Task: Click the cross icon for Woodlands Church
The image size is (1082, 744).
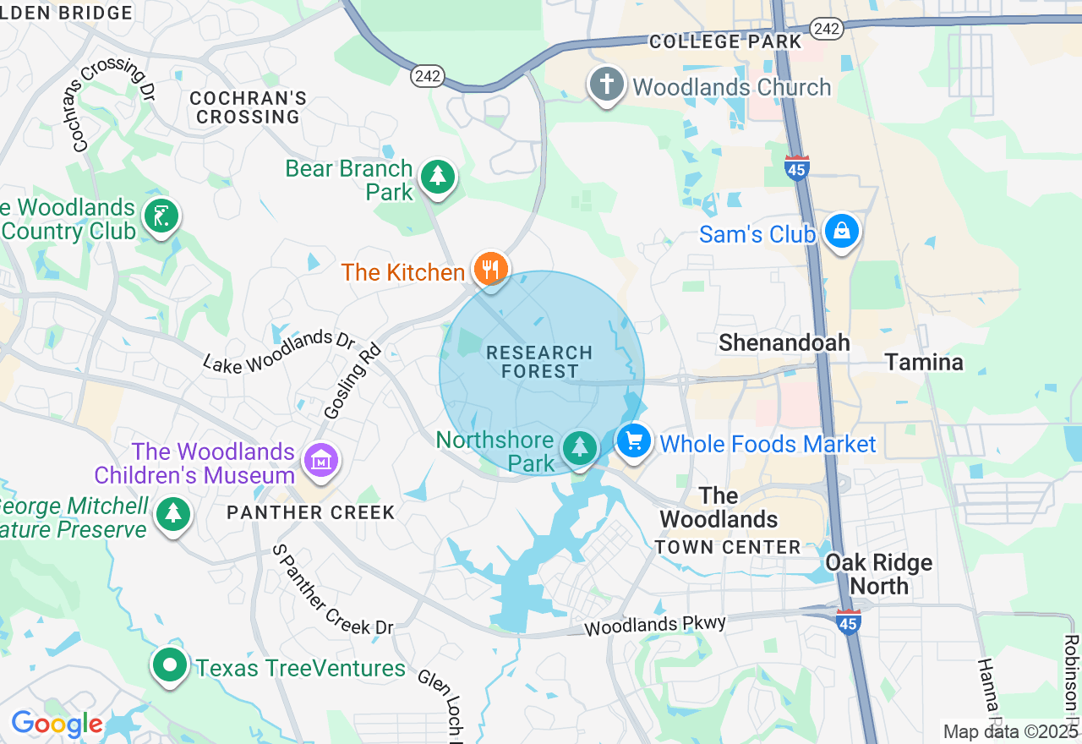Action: click(606, 85)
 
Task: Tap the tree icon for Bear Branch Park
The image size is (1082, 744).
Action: click(437, 177)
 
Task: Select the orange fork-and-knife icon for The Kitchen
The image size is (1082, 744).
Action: click(489, 270)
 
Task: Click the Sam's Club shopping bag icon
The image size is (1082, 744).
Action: click(841, 231)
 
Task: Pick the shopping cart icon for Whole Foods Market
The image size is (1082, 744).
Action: click(634, 441)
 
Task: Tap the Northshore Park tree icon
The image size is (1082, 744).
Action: click(579, 446)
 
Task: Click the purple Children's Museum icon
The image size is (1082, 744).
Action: click(321, 462)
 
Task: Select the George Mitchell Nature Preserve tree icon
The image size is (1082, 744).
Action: click(173, 513)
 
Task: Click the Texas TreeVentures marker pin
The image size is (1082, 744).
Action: click(170, 665)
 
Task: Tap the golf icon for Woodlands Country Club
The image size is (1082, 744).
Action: click(161, 216)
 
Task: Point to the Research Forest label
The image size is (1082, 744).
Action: click(540, 362)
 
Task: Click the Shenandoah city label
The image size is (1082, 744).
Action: click(784, 342)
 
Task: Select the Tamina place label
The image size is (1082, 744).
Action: click(924, 363)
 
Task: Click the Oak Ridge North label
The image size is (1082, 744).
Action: click(879, 574)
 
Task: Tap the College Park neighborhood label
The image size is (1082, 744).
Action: click(725, 41)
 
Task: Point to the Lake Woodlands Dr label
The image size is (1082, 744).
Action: click(279, 351)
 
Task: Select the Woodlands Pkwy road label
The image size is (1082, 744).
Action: click(655, 626)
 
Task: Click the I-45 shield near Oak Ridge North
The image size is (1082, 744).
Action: click(848, 621)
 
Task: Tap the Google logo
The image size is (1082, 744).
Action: click(57, 725)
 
